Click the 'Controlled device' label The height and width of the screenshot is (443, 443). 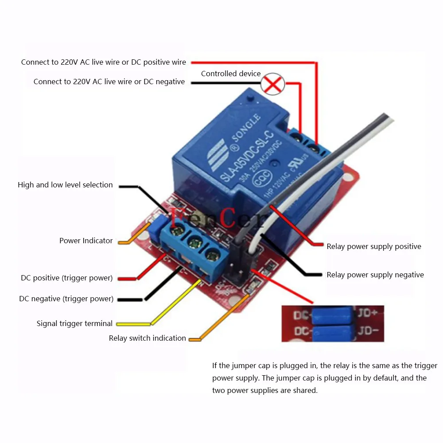[x=231, y=74]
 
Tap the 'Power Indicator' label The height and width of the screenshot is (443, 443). [x=86, y=241]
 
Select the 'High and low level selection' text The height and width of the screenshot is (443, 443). [x=65, y=185]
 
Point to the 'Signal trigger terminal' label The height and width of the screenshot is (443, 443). [x=74, y=323]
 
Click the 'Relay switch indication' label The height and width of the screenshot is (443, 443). [x=148, y=338]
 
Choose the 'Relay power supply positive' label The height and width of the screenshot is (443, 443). [x=374, y=246]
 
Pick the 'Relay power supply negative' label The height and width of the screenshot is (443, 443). [x=375, y=275]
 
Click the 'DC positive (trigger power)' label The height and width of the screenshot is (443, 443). [x=67, y=278]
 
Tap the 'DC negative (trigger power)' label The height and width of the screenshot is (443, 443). [x=66, y=299]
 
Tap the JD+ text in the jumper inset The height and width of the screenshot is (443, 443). [x=368, y=313]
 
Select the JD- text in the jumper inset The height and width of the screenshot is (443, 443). [x=368, y=331]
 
